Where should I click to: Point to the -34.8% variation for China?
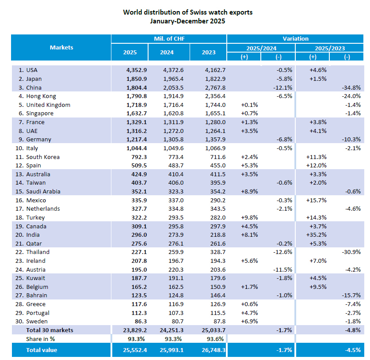tap(352, 87)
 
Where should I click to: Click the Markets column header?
tap(61, 47)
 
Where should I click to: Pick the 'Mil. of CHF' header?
tap(169, 39)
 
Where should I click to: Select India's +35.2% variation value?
tap(317, 235)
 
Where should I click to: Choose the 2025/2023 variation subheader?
tap(329, 48)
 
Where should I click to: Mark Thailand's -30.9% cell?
tap(352, 252)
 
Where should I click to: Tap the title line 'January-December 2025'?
tap(187, 21)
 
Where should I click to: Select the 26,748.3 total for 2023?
tap(209, 350)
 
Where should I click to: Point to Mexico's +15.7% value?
tap(317, 201)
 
